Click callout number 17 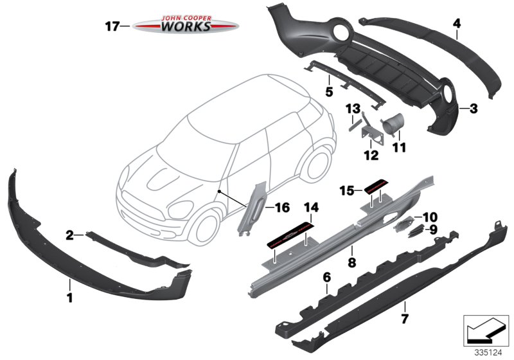coord(112,26)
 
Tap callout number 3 coord(473,109)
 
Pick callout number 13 coord(352,109)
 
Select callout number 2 coord(69,236)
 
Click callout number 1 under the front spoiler coord(69,298)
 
